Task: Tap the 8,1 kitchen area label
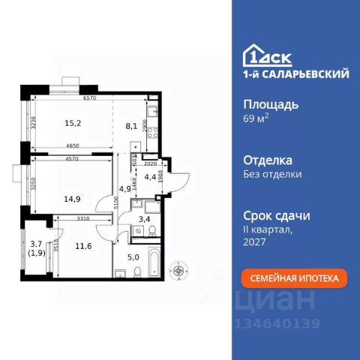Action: (132, 126)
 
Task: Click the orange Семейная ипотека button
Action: (295, 278)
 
